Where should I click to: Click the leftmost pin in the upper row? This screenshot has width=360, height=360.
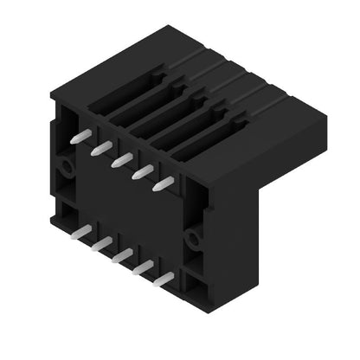point(79,137)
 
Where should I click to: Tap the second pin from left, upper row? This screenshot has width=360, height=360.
point(100,148)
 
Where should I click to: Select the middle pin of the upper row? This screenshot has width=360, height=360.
point(121,159)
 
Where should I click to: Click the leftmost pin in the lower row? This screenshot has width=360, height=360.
point(80,232)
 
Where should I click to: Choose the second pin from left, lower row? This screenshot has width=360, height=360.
point(100,244)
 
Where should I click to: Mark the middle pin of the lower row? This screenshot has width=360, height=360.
point(122,255)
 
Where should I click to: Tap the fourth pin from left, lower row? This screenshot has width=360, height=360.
point(143,267)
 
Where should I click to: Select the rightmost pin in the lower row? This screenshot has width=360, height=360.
point(164,279)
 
